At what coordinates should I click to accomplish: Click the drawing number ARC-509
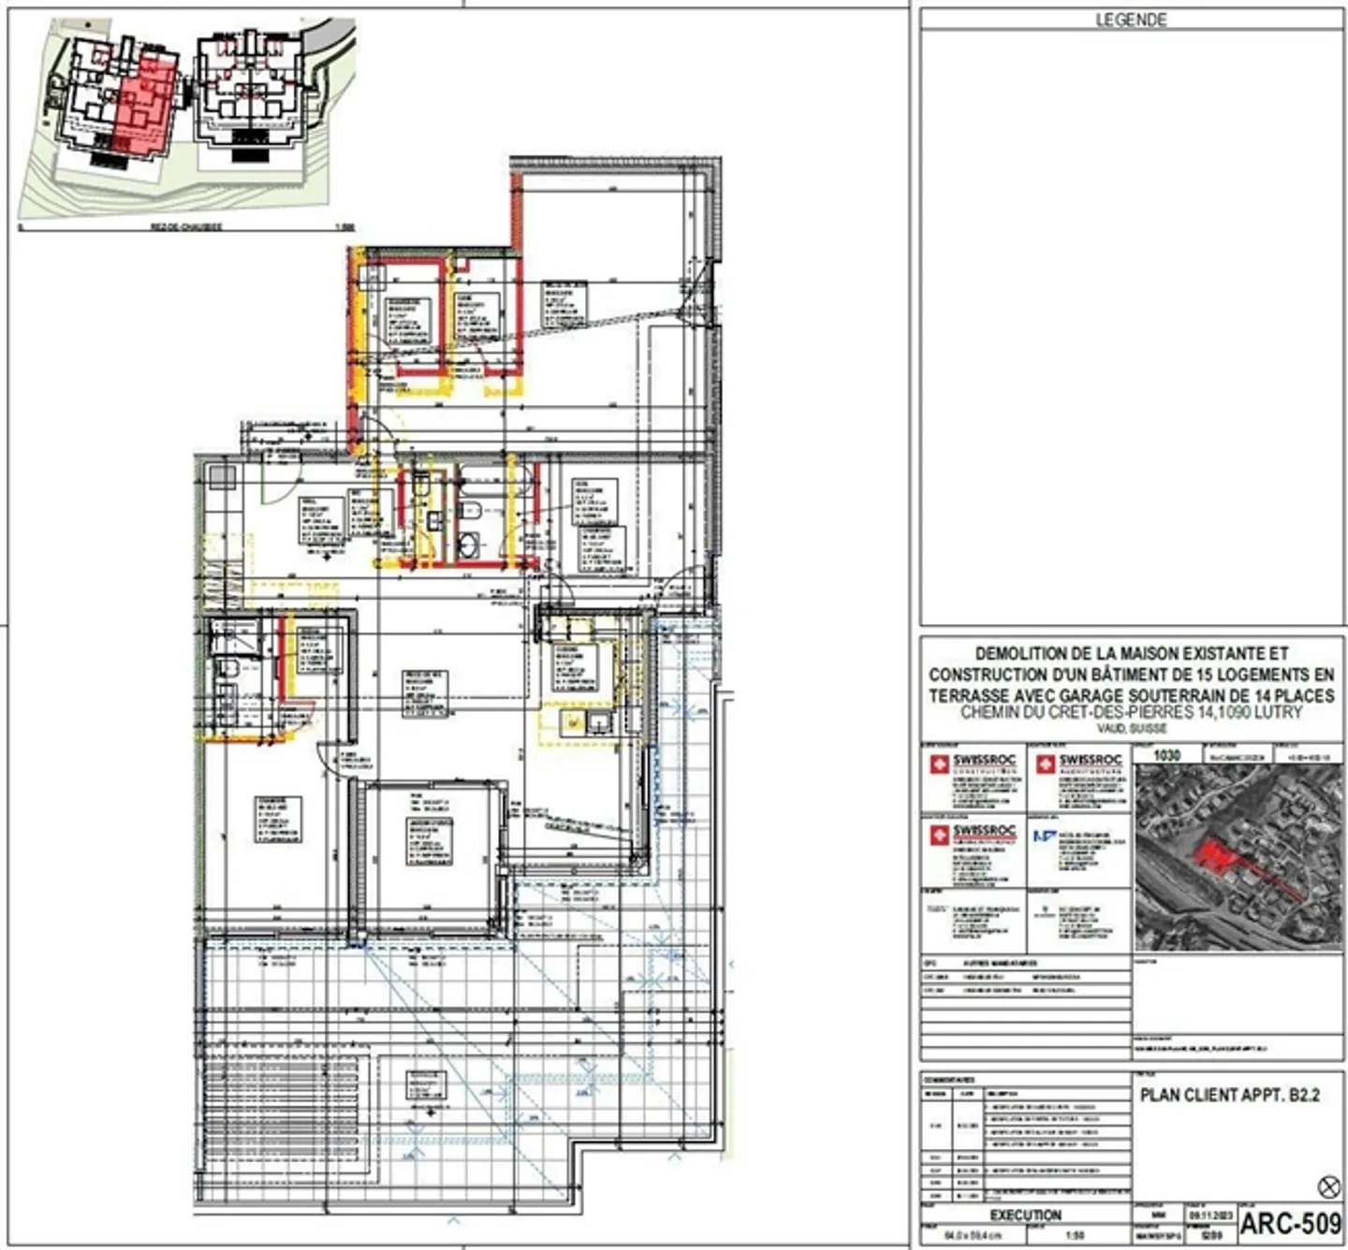[x=1290, y=1223]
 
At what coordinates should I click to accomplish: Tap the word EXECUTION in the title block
[x=1025, y=1214]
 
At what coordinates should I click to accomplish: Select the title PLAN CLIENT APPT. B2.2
[x=1229, y=1095]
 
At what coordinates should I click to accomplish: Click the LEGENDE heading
[x=1131, y=20]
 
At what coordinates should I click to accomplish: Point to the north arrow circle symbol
[x=1328, y=1187]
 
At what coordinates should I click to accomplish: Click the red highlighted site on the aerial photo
[x=1214, y=854]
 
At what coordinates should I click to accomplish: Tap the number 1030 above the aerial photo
[x=1166, y=755]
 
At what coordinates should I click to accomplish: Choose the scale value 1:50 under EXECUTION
[x=1075, y=1235]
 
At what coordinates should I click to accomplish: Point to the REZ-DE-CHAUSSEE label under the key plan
[x=186, y=227]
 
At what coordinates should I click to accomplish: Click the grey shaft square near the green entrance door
[x=223, y=477]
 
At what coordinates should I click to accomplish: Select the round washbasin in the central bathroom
[x=469, y=544]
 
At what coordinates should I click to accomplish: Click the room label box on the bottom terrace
[x=426, y=1085]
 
